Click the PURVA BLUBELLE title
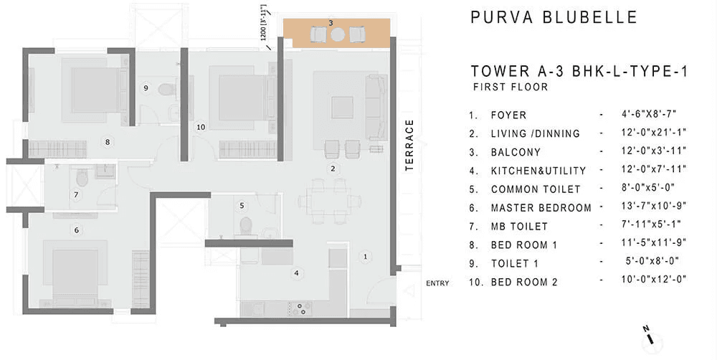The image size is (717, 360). (553, 17)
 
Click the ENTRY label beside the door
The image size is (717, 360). (437, 283)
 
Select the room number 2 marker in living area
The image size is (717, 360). (332, 169)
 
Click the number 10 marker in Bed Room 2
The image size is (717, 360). (201, 127)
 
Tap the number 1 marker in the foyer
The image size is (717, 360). (364, 256)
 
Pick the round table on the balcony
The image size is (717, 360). (337, 34)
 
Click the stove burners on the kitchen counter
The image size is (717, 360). (299, 308)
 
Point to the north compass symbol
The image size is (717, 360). (648, 333)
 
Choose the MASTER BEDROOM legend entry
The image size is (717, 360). (541, 208)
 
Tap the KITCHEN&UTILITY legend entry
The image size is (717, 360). (538, 171)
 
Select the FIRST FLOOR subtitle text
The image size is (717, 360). (510, 87)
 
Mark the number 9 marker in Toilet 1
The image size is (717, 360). (145, 88)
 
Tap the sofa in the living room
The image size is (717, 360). (376, 106)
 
